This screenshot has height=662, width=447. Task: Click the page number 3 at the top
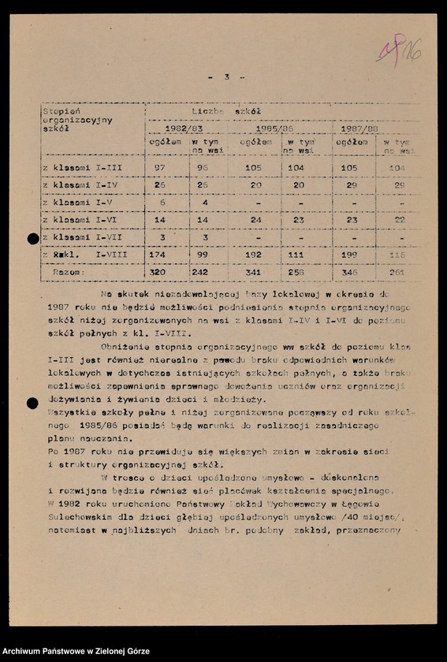226,77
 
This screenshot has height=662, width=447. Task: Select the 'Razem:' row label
69,270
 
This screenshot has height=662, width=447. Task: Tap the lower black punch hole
32,404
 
